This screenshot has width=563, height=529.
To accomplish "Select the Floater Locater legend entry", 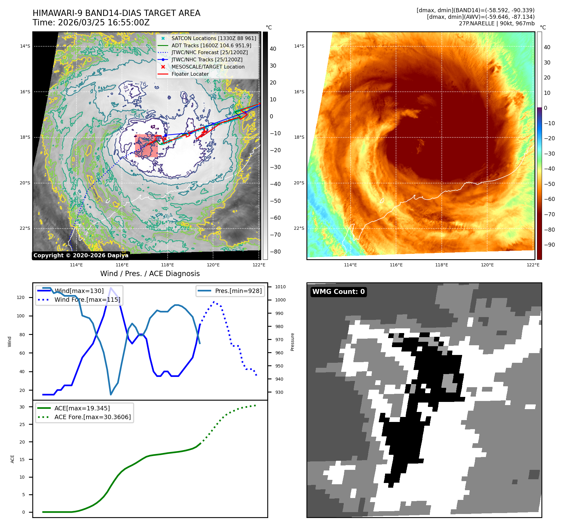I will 190,74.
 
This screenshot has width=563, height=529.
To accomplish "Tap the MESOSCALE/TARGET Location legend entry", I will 208,67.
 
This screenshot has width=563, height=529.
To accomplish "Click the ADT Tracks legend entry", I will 211,45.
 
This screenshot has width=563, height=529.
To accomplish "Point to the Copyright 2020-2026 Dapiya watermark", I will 81,255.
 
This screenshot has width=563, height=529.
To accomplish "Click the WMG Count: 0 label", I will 338,292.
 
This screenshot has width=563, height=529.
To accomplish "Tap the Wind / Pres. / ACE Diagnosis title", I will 150,274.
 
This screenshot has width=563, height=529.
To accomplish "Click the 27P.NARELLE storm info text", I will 497,23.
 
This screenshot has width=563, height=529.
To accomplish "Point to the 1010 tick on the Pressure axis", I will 280,287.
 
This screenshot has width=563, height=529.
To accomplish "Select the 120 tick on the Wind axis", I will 21,297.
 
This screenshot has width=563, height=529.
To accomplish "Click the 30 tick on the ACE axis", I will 22,407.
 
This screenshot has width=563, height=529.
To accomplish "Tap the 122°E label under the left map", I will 259,265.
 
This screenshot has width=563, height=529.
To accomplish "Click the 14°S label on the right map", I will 299,46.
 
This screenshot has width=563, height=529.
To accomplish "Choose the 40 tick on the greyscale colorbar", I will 273,49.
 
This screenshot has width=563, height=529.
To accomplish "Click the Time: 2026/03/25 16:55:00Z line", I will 91,23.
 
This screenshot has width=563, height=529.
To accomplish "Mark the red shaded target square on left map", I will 146,146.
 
